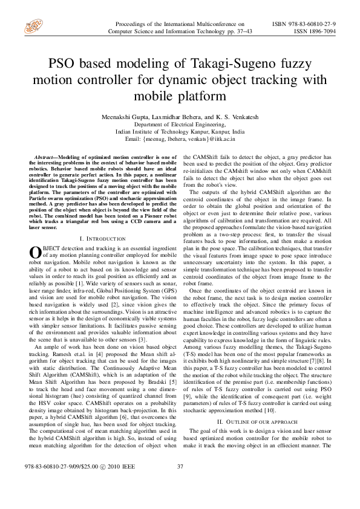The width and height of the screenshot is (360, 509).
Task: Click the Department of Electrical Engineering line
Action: pyautogui.click(x=180, y=123)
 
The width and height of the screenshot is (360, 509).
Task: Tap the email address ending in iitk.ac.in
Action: pyautogui.click(x=180, y=138)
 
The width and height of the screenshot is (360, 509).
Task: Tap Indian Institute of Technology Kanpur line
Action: pyautogui.click(x=180, y=131)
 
